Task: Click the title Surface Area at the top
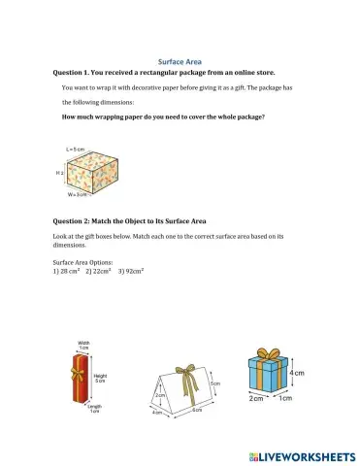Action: click(x=180, y=61)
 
